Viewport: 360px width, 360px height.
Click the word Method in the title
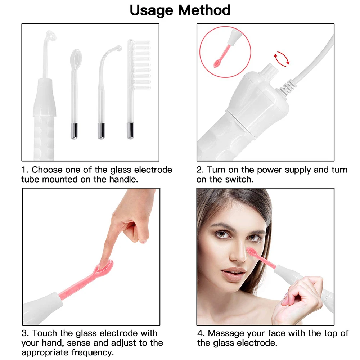[206, 10]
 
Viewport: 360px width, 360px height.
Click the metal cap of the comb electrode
[130, 131]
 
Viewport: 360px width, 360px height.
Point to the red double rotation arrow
[282, 59]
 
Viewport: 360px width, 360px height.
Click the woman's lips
[233, 273]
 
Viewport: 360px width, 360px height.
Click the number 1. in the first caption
[25, 170]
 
